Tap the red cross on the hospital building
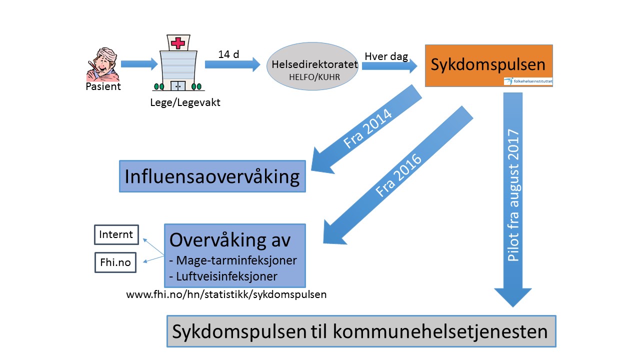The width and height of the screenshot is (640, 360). pos(177,43)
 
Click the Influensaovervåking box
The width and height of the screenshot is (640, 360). pos(212,176)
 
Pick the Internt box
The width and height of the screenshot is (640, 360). pos(116,234)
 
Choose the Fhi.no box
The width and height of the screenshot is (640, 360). pos(115,262)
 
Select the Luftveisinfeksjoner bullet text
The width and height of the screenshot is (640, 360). pos(223,276)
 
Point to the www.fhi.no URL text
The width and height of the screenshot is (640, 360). pos(226,294)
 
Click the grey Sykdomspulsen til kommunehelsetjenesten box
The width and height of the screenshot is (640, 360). pos(361,331)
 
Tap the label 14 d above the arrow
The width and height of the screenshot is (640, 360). pos(228,54)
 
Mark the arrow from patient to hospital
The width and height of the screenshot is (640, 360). pos(139,64)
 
